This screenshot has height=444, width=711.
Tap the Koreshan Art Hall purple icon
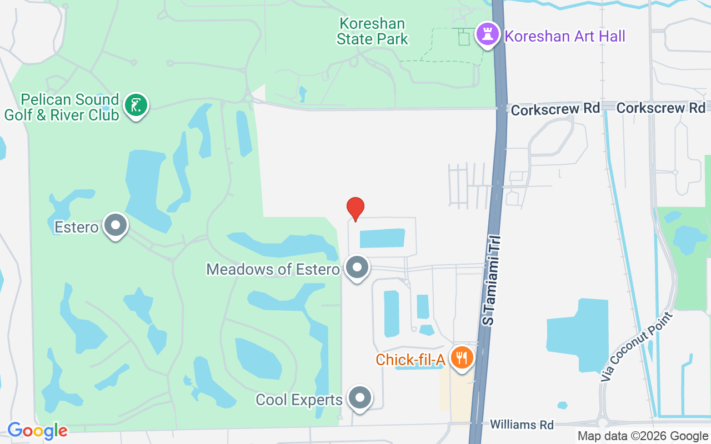tap(487, 34)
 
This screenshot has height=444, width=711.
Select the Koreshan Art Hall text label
tap(564, 37)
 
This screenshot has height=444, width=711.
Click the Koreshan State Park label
tap(373, 32)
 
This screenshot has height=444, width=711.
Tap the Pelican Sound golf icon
tap(136, 105)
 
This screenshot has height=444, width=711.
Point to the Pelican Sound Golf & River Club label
tap(62, 108)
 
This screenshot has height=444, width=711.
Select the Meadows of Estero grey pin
tap(357, 268)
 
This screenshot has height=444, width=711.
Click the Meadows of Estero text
tap(273, 270)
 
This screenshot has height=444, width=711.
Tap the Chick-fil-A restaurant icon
tap(461, 358)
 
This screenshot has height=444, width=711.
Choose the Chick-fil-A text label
tap(410, 360)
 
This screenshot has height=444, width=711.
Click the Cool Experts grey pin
tap(360, 398)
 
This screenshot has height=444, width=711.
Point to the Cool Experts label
tap(299, 400)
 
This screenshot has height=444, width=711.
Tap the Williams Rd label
tap(522, 425)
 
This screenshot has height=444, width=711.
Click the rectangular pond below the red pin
tap(382, 238)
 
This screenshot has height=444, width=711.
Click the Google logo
tap(38, 431)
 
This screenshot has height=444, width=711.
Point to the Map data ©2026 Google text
tap(643, 436)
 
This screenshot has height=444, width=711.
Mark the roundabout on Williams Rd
tap(605, 423)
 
